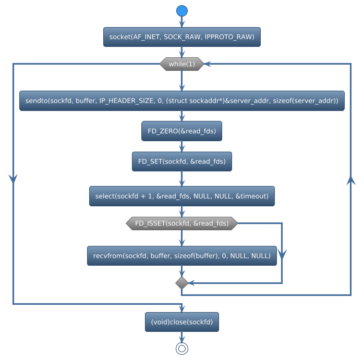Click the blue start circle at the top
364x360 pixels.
pos(181,11)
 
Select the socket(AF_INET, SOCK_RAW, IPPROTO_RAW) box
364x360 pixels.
pos(181,37)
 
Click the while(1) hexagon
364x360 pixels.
pos(181,64)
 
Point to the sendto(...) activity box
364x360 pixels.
pos(181,101)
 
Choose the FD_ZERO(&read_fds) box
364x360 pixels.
pos(181,131)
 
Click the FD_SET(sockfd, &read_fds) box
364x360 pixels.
pos(181,162)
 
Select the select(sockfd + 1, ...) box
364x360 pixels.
pos(181,196)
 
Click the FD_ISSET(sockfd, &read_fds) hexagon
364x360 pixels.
pos(181,223)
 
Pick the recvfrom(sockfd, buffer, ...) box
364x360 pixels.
pos(181,256)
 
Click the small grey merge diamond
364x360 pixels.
pos(181,282)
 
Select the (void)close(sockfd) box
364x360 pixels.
pos(181,322)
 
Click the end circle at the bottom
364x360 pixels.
pos(181,349)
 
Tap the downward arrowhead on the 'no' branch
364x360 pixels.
pos(282,254)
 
